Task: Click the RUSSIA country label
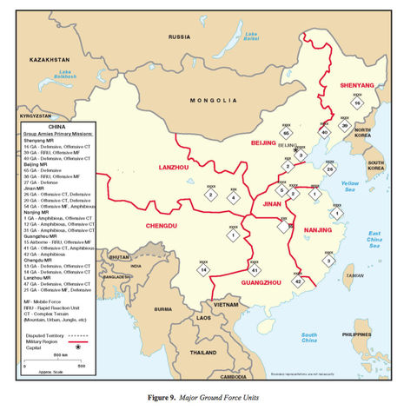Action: [180, 37]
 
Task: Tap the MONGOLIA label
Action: [215, 100]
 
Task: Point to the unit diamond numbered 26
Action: [329, 169]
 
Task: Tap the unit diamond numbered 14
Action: [203, 270]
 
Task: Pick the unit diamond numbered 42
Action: [298, 281]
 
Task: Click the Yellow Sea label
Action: [349, 184]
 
